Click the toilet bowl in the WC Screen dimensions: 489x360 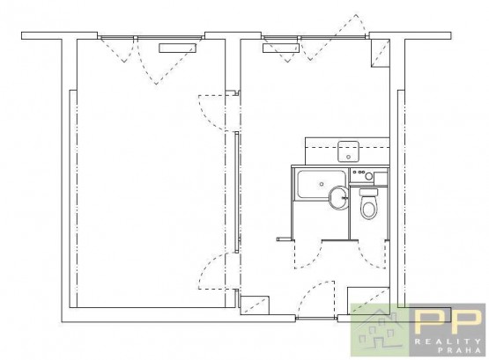pos(369,208)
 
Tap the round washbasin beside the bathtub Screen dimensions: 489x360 pos(338,197)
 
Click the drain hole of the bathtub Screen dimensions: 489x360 pos(322,184)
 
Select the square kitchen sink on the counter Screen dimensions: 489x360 pos(348,151)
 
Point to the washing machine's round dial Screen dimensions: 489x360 pos(369,176)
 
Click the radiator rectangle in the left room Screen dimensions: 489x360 pos(177,48)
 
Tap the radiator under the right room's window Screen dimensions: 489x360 pos(281,48)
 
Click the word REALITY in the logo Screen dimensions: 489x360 pos(448,342)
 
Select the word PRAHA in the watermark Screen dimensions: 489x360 pos(459,350)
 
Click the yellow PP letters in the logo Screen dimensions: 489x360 pos(448,322)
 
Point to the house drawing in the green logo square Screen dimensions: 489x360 pos(379,329)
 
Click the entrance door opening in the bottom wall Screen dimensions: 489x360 pos(316,318)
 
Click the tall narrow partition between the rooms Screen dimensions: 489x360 pos(237,192)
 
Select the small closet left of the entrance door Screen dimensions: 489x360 pos(256,305)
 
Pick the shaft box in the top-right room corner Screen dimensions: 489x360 pos(380,54)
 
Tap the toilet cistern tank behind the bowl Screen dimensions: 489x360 pos(368,193)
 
